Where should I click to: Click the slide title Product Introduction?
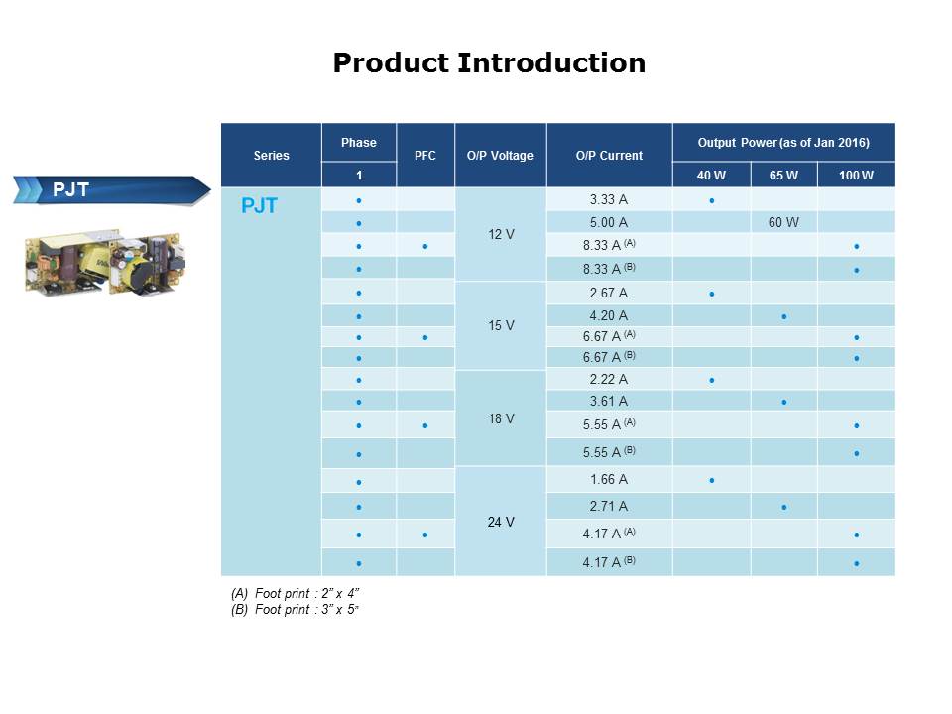[x=489, y=63]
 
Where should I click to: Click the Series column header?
[x=271, y=155]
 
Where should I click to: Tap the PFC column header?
[x=424, y=155]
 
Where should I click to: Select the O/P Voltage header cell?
[x=500, y=155]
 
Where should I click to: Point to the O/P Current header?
[x=608, y=155]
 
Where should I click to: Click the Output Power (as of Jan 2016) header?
[x=782, y=143]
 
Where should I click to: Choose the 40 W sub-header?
[x=711, y=176]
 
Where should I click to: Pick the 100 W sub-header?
[x=855, y=176]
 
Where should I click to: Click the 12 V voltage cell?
[x=500, y=234]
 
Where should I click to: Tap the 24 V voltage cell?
[x=500, y=522]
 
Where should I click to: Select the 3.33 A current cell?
[x=608, y=199]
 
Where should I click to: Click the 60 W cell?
[x=783, y=222]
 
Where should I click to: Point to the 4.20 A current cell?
[x=608, y=315]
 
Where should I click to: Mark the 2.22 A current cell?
[x=608, y=379]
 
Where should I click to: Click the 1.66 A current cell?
[x=608, y=479]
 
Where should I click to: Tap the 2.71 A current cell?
[x=608, y=506]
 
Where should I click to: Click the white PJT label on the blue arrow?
[x=70, y=189]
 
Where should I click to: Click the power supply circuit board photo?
[x=101, y=261]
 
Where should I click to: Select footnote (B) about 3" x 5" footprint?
[x=295, y=610]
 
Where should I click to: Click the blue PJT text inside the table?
[x=259, y=206]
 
